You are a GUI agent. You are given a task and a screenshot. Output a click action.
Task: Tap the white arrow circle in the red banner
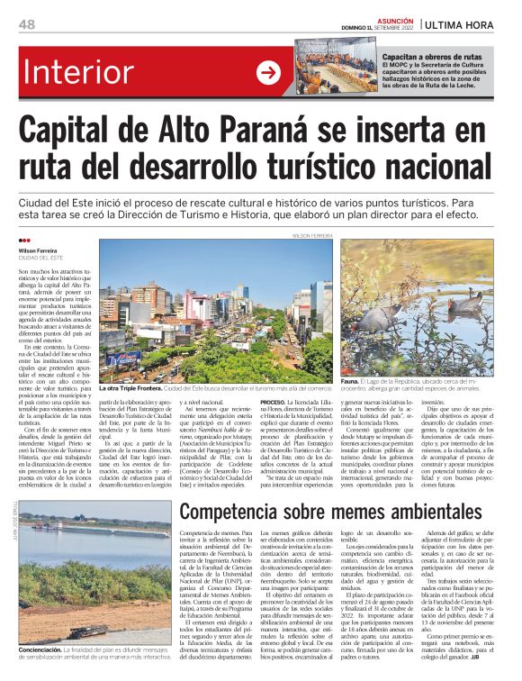269,73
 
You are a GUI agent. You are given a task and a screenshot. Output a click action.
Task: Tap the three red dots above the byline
23,241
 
